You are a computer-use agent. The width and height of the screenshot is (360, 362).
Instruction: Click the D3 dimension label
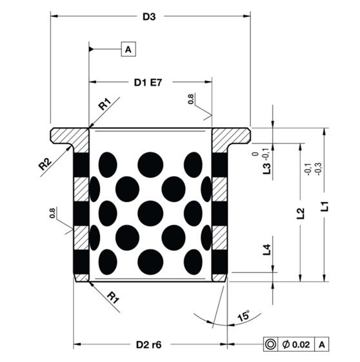pos(149,17)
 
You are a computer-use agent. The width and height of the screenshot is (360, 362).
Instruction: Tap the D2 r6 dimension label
pos(149,345)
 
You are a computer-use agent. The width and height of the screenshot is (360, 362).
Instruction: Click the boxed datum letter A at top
pos(128,49)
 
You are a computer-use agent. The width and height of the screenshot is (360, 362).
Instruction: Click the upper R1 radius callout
pos(105,103)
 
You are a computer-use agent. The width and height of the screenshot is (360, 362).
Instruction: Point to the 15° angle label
pos(243,316)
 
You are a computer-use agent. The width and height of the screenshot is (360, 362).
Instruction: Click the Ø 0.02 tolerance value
pos(297,345)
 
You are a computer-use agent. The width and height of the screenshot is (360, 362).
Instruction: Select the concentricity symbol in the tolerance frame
pos(270,345)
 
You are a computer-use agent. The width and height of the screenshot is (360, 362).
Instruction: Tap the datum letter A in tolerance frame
pos(321,345)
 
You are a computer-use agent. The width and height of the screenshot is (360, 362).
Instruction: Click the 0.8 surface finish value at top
pos(190,99)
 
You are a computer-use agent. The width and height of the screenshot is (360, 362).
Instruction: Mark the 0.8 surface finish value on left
pos(52,212)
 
